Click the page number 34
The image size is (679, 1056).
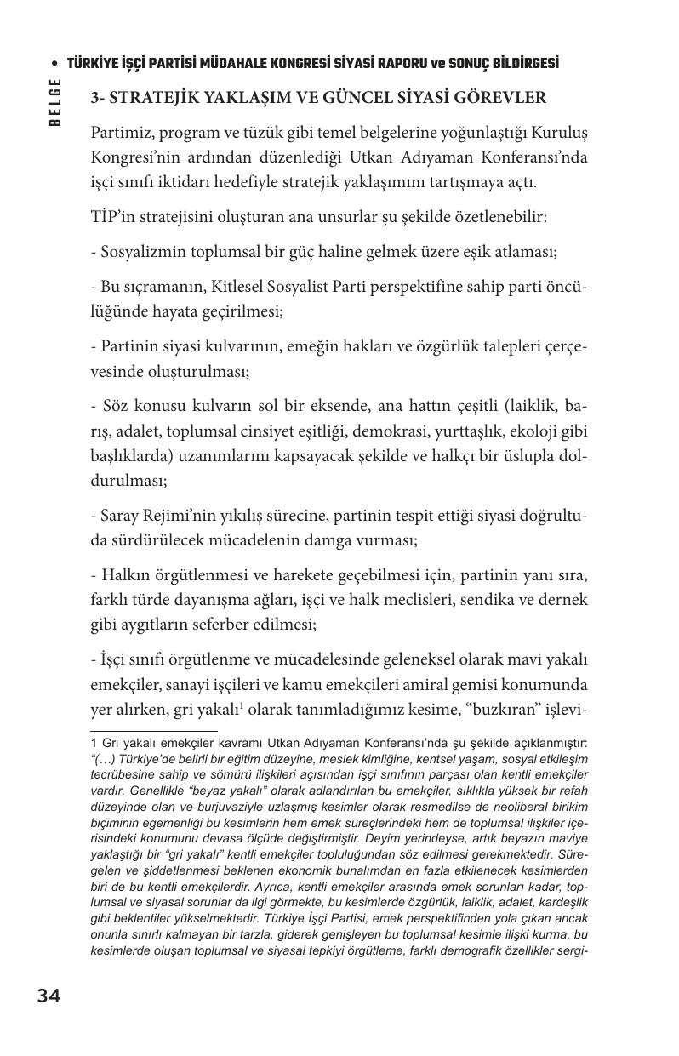click(48, 996)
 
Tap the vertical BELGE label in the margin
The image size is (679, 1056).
click(55, 102)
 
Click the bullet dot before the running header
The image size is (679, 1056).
click(55, 65)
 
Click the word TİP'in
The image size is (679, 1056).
click(111, 217)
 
